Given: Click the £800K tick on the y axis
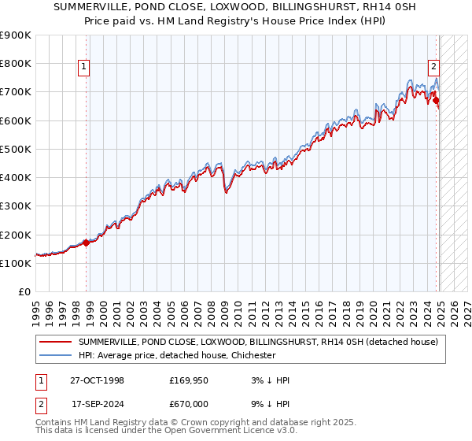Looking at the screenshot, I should pyautogui.click(x=17, y=63).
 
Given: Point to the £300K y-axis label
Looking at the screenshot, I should pyautogui.click(x=17, y=206).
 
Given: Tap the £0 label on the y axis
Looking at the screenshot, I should pyautogui.click(x=24, y=291).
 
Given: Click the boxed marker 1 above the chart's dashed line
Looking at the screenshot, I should pyautogui.click(x=84, y=68).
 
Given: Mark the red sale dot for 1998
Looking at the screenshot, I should pyautogui.click(x=87, y=243).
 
